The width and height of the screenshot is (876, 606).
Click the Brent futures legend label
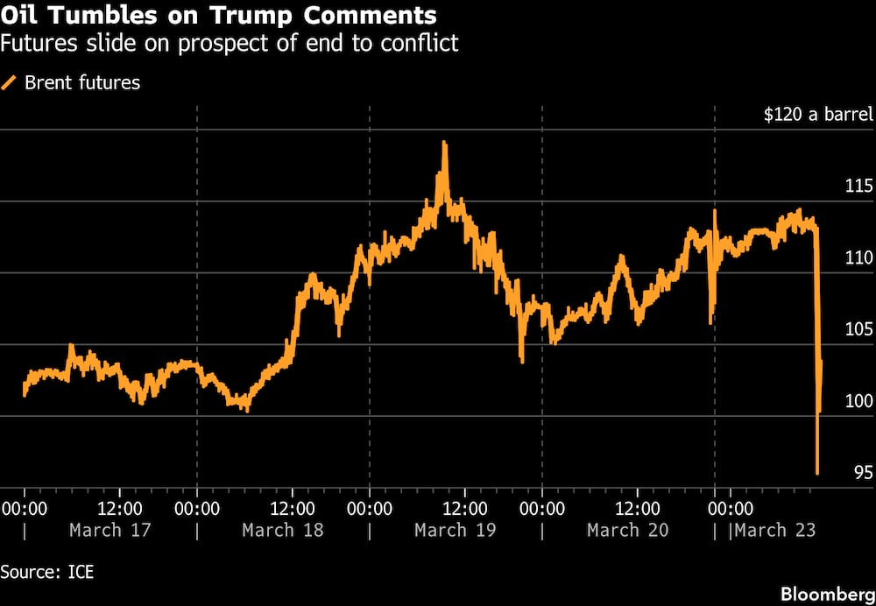click(82, 83)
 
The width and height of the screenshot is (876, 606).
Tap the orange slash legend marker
click(10, 83)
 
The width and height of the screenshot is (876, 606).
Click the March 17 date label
click(110, 530)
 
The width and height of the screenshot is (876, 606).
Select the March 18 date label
click(283, 530)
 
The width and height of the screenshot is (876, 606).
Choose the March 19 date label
click(456, 530)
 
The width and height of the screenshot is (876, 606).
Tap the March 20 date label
click(627, 530)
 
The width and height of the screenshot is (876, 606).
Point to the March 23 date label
click(776, 530)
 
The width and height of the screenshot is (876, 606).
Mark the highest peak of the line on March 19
click(445, 142)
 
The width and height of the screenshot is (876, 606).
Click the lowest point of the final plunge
click(817, 474)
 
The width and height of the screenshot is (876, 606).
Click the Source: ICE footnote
click(47, 573)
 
